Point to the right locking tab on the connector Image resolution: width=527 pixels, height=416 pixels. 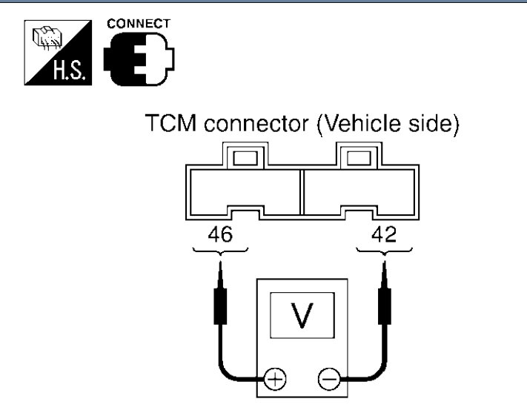[x=359, y=156]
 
